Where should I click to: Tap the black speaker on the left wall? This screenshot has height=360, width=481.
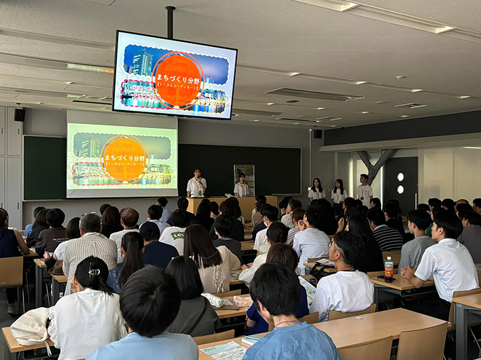tap(19, 115)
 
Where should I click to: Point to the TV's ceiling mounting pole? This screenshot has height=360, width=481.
tap(171, 22)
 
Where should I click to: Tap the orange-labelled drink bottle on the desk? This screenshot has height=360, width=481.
tap(388, 269)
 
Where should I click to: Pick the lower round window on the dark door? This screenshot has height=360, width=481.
tap(400, 189)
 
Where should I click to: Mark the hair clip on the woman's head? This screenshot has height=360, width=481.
tap(95, 271)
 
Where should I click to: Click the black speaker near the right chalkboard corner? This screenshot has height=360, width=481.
tap(317, 133)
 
